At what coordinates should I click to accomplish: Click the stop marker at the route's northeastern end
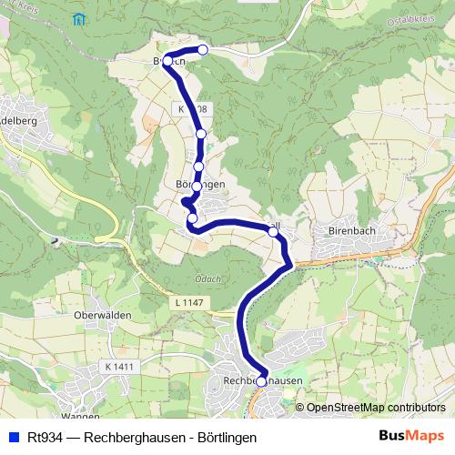pyautogui.click(x=203, y=50)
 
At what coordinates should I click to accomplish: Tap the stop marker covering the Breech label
pyautogui.click(x=167, y=61)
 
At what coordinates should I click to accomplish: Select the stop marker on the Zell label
pyautogui.click(x=273, y=233)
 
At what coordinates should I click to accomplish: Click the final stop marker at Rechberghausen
pyautogui.click(x=261, y=382)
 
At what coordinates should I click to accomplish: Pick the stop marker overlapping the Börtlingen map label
pyautogui.click(x=197, y=186)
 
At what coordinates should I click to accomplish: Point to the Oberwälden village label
pyautogui.click(x=103, y=314)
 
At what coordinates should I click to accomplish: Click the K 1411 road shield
pyautogui.click(x=118, y=366)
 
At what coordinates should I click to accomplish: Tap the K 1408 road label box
pyautogui.click(x=193, y=109)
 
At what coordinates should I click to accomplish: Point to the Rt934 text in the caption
pyautogui.click(x=45, y=435)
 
